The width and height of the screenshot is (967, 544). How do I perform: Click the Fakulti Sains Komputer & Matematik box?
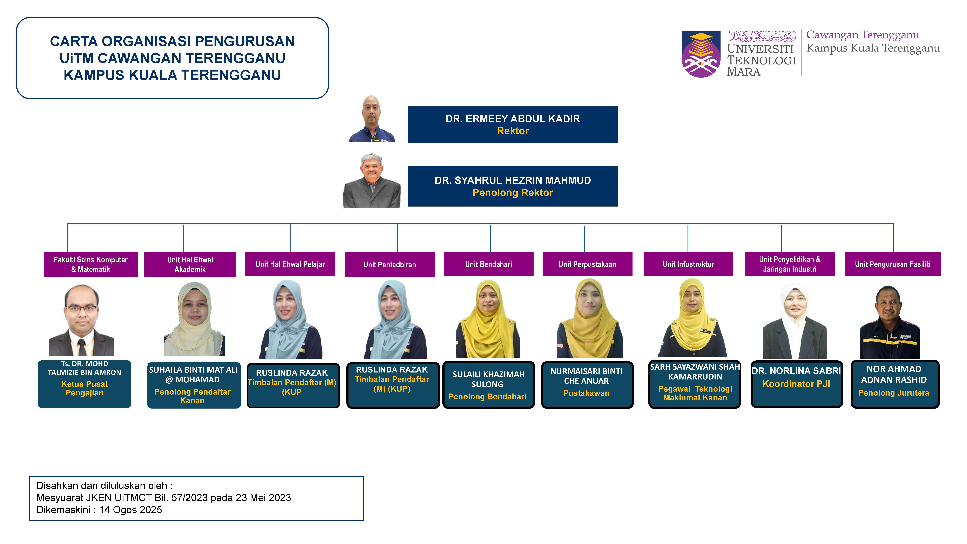pyautogui.click(x=90, y=264)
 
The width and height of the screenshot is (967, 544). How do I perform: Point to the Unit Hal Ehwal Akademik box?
pyautogui.click(x=190, y=264)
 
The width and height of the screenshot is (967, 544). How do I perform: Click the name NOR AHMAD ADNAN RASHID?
pyautogui.click(x=894, y=374)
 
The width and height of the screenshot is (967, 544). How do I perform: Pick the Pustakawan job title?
pyautogui.click(x=586, y=393)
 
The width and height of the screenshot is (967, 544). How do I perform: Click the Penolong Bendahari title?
pyautogui.click(x=487, y=396)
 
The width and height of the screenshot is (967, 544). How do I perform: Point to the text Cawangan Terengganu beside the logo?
pyautogui.click(x=863, y=35)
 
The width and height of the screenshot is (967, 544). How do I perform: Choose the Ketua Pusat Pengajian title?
pyautogui.click(x=84, y=388)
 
